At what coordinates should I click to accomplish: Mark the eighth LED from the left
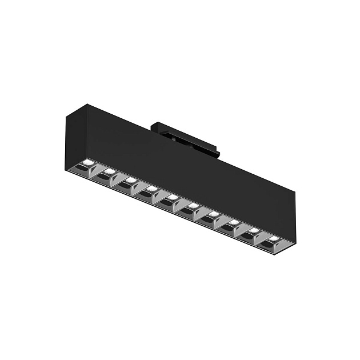pos(234,222)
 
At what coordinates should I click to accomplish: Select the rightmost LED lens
pos(274,238)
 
